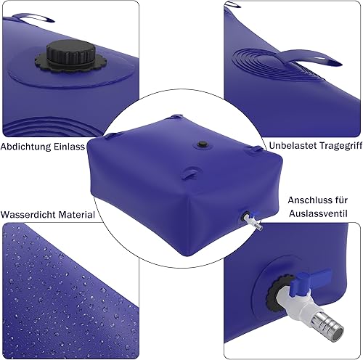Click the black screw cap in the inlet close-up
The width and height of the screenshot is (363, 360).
click(71, 53)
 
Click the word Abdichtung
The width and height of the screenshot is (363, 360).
click(25, 147)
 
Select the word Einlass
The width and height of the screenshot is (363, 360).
click(69, 147)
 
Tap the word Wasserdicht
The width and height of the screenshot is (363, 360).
click(28, 215)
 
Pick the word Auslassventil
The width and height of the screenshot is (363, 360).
click(318, 213)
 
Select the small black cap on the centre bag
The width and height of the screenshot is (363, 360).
click(201, 144)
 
